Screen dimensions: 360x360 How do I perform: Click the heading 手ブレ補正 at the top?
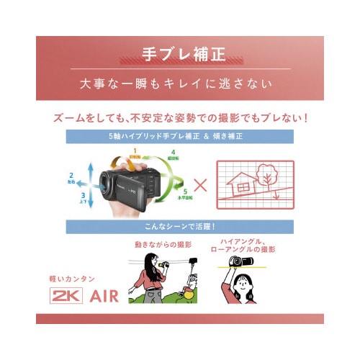click(180, 53)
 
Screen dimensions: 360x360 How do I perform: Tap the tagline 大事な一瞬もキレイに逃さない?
click(180, 83)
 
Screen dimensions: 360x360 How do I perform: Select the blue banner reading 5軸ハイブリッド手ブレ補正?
click(180, 135)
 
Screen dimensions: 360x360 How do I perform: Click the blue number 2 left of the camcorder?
click(71, 175)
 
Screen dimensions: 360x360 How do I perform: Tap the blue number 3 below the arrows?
click(84, 194)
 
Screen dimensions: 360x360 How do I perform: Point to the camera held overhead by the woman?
click(240, 261)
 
